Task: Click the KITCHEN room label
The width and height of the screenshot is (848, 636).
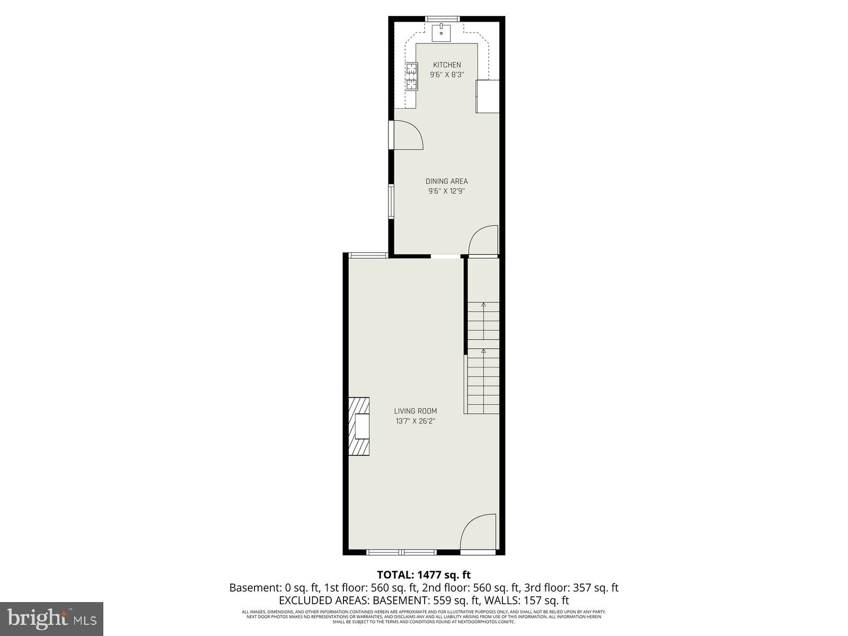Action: (x=447, y=65)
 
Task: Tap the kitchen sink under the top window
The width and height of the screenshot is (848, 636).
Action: (x=441, y=32)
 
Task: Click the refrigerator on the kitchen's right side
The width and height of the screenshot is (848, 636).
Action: (x=488, y=96)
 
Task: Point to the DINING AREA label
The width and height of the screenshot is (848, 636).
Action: (x=447, y=181)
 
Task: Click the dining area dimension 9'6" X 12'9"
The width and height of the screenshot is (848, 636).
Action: (x=447, y=191)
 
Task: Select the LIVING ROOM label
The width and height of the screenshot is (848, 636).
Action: (x=416, y=411)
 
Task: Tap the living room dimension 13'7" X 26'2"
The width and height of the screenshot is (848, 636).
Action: (x=416, y=421)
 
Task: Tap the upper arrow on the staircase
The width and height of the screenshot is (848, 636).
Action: (x=483, y=304)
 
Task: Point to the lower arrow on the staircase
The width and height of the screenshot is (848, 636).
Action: (x=483, y=350)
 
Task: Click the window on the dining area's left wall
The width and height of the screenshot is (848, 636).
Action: (x=391, y=201)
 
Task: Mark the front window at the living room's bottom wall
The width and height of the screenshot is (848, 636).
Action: (x=401, y=552)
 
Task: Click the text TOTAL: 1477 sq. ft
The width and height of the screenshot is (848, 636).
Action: (x=423, y=575)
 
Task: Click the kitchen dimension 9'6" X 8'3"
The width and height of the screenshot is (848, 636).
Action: (x=447, y=75)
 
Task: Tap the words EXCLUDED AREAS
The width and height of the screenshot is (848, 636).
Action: (x=324, y=600)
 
